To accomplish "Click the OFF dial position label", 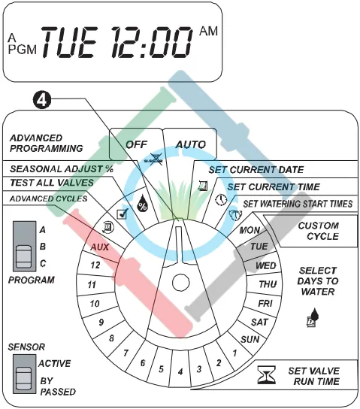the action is (x=136, y=144).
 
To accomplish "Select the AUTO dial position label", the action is (x=191, y=144).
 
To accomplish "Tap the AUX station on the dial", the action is (x=99, y=247).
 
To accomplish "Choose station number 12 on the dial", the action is (x=95, y=265).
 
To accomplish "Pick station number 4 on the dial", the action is (x=180, y=371).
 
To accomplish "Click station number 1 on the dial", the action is (x=235, y=353).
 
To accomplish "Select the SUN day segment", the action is (x=250, y=339).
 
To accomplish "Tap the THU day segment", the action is (x=268, y=284).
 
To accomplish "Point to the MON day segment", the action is (x=250, y=230).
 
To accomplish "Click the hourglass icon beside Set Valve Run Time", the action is (x=266, y=375).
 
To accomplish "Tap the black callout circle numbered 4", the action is (x=41, y=100).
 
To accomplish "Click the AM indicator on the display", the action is (x=208, y=31).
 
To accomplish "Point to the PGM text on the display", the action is (x=22, y=49).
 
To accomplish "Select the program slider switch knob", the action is (x=24, y=256).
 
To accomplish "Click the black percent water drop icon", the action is (x=142, y=203).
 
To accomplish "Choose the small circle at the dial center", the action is (x=180, y=283).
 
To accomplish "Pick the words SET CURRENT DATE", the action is (x=256, y=170).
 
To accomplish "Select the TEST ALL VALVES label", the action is (x=52, y=183).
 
